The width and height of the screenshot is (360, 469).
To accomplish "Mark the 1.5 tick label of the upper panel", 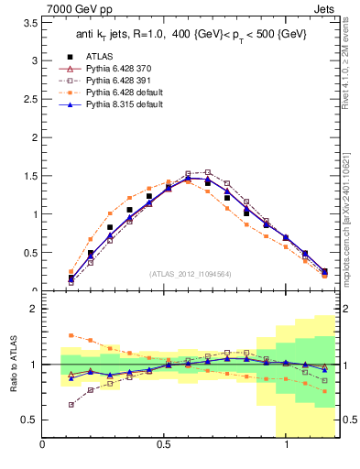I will click(30, 176).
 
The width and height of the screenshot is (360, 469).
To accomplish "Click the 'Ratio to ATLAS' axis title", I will click(12, 364).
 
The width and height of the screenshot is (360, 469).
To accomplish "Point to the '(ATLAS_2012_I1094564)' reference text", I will click(191, 274).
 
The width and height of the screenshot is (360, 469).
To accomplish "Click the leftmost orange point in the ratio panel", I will click(71, 335).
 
